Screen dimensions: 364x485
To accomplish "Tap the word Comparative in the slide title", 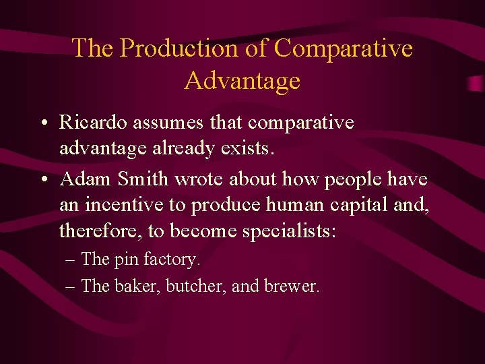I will click(x=344, y=48).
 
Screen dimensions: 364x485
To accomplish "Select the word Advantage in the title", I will click(x=242, y=80).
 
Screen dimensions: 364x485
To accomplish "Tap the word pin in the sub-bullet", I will click(x=125, y=260).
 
